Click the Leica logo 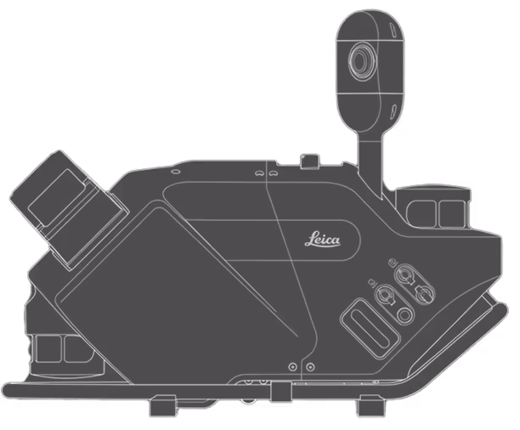(x=323, y=240)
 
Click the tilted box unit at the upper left (x=69, y=204)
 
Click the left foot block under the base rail (x=164, y=405)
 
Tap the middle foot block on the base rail (x=281, y=393)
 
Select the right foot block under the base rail (x=370, y=405)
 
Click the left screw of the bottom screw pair (x=292, y=366)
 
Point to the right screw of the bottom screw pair (x=309, y=366)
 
